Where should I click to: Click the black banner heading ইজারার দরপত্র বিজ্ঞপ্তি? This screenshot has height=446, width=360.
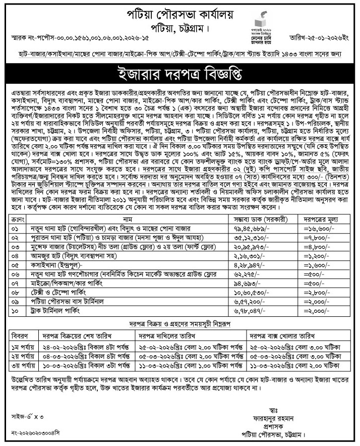point(180,76)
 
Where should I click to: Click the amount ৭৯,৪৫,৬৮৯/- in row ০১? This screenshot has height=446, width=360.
point(257,229)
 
